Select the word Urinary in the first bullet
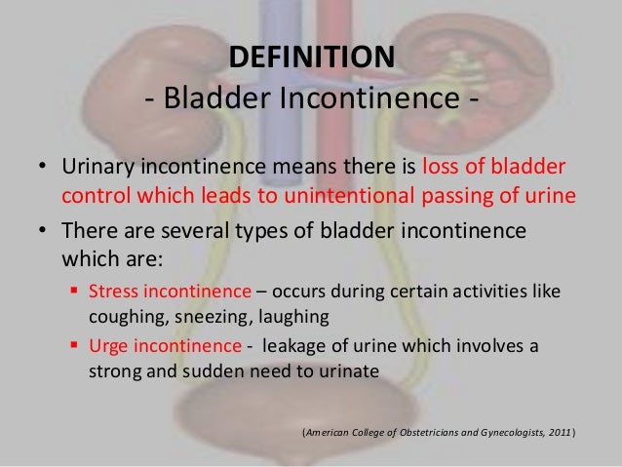point(99,166)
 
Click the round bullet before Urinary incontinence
point(42,167)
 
